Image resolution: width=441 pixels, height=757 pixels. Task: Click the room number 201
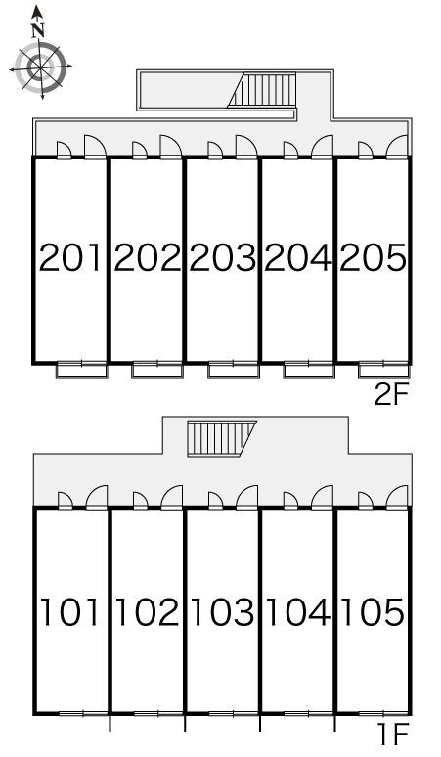tap(70, 257)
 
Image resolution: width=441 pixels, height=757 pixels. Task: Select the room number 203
tap(222, 257)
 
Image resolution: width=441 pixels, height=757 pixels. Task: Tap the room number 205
tap(374, 257)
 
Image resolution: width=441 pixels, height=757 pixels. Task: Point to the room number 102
tap(147, 612)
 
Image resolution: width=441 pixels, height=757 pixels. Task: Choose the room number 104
tap(298, 612)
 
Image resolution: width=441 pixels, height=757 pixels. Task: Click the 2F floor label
tap(392, 395)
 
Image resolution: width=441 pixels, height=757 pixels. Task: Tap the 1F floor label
tap(393, 735)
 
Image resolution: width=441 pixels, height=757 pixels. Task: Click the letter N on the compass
tap(38, 31)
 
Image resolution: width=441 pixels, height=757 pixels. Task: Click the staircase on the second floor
tap(261, 90)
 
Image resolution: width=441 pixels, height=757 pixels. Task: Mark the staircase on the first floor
tap(222, 438)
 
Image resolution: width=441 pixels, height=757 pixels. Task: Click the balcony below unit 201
tap(82, 370)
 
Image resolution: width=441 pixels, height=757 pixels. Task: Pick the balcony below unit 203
tap(234, 370)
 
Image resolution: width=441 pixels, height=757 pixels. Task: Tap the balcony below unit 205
tap(384, 370)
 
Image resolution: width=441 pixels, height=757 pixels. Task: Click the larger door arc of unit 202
tap(170, 147)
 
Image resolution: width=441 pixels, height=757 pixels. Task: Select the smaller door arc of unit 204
tap(290, 150)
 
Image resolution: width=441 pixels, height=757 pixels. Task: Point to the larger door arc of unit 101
tap(97, 497)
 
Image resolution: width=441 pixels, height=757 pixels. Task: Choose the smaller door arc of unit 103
tap(215, 500)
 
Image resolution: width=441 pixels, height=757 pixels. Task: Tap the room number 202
tap(147, 257)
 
